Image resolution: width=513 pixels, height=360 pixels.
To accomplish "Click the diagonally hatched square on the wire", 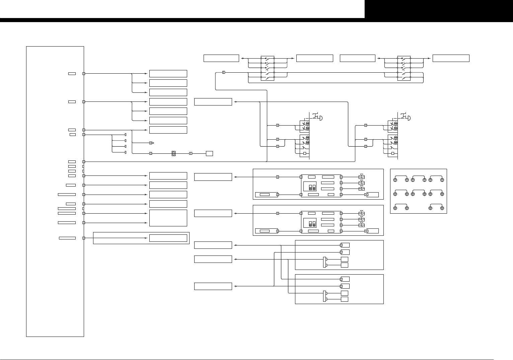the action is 173,153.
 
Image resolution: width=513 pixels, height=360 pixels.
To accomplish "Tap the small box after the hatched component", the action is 209,153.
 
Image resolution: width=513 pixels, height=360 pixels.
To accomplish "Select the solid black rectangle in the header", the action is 439,9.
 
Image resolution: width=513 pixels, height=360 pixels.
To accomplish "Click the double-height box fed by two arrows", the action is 168,218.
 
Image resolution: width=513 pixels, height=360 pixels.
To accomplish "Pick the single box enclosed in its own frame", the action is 168,238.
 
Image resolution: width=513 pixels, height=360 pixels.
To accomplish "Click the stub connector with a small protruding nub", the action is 151,143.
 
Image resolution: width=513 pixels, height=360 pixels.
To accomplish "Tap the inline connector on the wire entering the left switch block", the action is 224,72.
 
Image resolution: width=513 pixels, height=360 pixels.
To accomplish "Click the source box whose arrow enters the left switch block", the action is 221,58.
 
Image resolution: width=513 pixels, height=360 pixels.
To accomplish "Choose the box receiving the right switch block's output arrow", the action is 451,58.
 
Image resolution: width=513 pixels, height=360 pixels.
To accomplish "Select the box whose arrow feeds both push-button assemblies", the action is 213,101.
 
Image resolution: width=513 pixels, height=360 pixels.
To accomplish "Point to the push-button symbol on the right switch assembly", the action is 406,117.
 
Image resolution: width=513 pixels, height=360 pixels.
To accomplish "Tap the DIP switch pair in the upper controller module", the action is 312,187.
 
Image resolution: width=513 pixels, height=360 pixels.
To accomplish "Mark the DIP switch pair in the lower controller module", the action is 312,223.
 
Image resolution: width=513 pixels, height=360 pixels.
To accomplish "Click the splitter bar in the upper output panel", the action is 324,262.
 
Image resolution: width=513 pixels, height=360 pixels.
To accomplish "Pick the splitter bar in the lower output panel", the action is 324,296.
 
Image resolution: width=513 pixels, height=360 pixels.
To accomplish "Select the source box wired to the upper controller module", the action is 213,177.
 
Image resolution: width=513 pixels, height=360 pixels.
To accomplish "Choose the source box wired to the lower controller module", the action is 213,213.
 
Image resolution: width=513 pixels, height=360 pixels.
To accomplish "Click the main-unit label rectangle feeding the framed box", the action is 67,238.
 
